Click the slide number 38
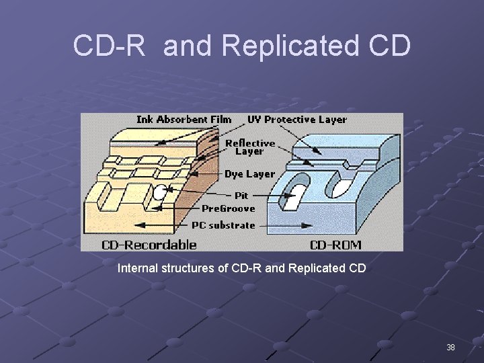click(450, 347)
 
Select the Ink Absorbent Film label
click(184, 120)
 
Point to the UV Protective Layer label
click(296, 120)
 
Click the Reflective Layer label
click(249, 147)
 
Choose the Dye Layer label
click(249, 174)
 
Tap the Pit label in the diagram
click(241, 195)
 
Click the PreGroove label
click(229, 208)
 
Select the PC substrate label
click(223, 225)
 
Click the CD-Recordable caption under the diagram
click(149, 245)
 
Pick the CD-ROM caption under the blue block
click(335, 245)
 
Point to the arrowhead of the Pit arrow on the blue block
click(292, 196)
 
